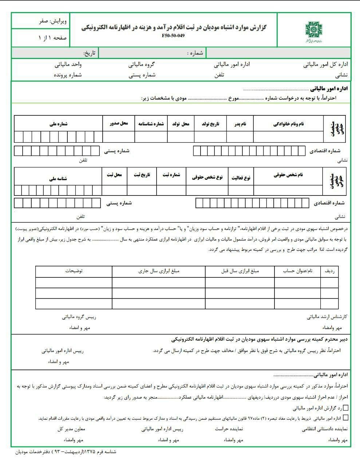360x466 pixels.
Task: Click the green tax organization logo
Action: click(314, 31)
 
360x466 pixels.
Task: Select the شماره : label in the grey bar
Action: click(195, 53)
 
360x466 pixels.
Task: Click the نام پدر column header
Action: click(240, 124)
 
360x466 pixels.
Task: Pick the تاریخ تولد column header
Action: click(210, 124)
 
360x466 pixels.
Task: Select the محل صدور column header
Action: click(119, 123)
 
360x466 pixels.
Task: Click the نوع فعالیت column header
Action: click(241, 177)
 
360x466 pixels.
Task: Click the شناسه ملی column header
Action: click(58, 178)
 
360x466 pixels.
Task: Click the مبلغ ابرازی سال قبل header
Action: click(240, 271)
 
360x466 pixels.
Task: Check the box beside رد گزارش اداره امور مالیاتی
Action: click(345, 408)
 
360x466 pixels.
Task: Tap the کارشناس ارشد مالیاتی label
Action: click(327, 317)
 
